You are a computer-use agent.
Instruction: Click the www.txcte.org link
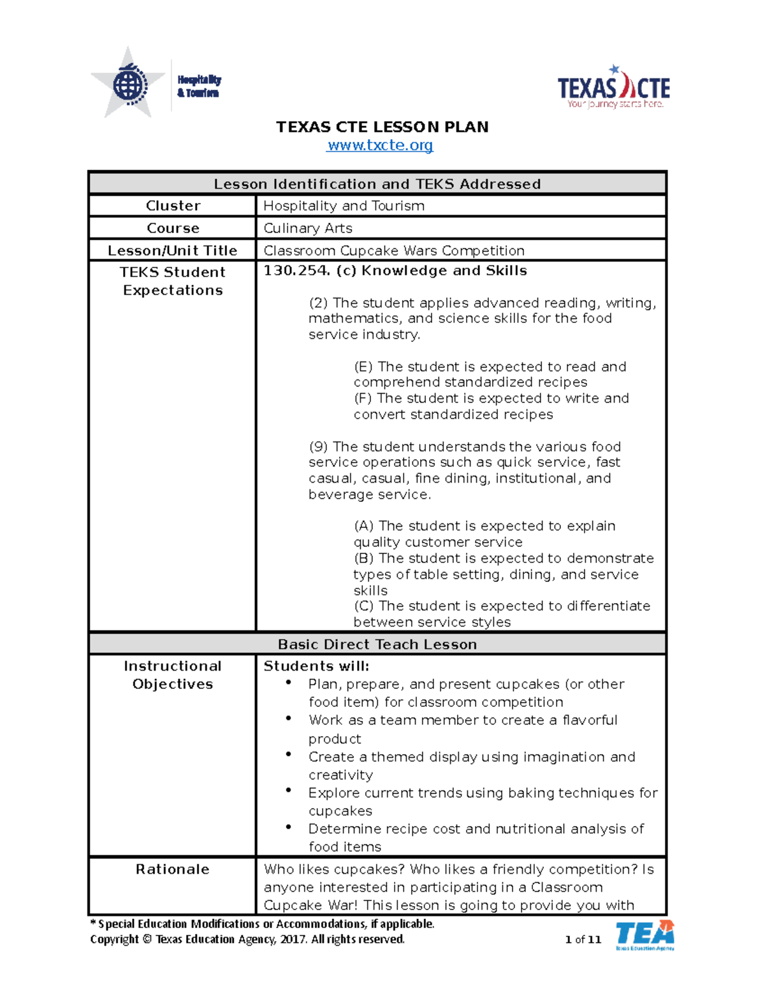click(x=380, y=145)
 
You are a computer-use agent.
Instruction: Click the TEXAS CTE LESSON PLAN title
click(x=382, y=127)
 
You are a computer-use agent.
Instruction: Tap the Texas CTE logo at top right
click(x=613, y=87)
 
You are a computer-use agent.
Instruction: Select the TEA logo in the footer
click(x=645, y=935)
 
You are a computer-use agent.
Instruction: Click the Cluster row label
click(x=173, y=206)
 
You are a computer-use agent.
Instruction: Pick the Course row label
click(x=173, y=228)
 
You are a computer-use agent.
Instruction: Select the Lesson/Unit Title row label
click(x=172, y=250)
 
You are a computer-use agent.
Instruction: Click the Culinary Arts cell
click(x=308, y=228)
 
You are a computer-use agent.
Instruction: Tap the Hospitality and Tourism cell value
click(x=344, y=206)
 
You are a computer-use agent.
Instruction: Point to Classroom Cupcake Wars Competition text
click(x=394, y=250)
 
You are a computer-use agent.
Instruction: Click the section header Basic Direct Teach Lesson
click(x=377, y=644)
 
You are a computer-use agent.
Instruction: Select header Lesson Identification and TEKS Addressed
click(x=377, y=184)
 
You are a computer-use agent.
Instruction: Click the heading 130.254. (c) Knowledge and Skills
click(x=395, y=271)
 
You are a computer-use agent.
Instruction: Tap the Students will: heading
click(x=316, y=666)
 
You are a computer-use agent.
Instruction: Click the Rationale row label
click(x=172, y=869)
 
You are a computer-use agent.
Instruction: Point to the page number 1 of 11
click(x=583, y=939)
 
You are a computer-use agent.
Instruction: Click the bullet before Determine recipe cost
click(x=289, y=827)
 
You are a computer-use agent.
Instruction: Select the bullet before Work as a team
click(x=289, y=718)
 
